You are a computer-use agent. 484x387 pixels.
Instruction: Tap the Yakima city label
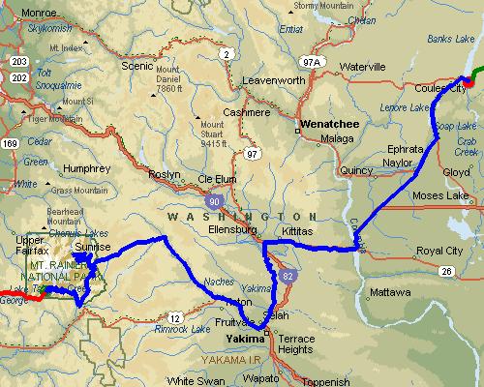coord(245,341)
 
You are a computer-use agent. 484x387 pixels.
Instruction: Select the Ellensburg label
coord(231,230)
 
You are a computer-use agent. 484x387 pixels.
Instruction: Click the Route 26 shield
coord(444,271)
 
